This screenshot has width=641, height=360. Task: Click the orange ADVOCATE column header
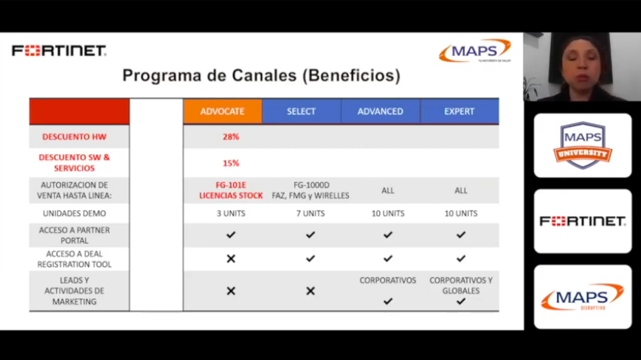pos(222,111)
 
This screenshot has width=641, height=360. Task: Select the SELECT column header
pos(301,111)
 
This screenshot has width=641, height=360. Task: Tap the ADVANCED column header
pos(380,111)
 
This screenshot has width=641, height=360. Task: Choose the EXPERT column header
pos(459,111)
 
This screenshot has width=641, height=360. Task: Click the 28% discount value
pos(231,136)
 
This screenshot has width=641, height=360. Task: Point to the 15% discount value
pos(231,163)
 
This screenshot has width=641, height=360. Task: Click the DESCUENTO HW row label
pos(75,136)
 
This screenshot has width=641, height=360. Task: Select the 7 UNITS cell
pos(310,213)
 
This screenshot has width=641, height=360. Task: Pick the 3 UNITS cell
pos(231,213)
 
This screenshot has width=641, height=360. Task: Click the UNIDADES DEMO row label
pos(75,213)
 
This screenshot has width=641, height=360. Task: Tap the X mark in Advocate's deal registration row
pos(231,259)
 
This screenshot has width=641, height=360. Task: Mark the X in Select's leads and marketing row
pos(310,291)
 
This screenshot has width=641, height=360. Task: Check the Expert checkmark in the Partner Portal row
pos(461,235)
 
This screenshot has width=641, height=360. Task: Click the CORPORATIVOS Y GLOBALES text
pos(461,285)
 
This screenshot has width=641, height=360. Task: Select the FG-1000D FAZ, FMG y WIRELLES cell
pos(310,190)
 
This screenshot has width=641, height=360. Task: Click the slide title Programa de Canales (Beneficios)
pos(261,75)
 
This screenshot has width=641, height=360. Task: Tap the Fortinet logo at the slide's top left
pos(59,51)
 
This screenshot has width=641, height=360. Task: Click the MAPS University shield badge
pos(582,145)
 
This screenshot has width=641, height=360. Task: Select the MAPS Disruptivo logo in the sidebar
pos(582,297)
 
